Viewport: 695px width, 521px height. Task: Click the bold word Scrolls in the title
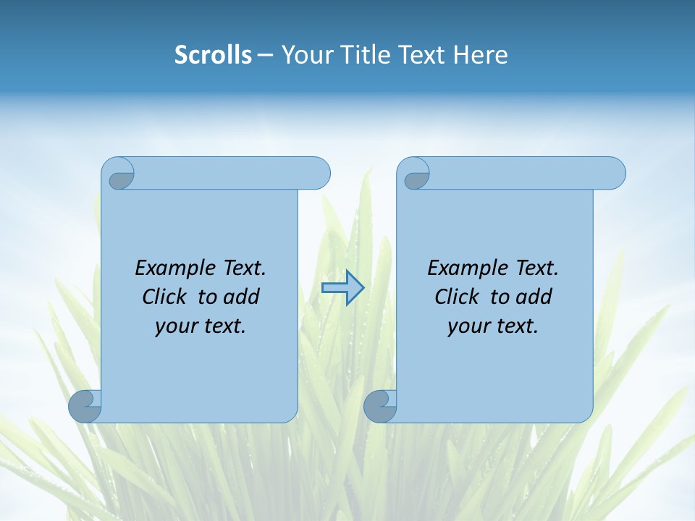(x=214, y=55)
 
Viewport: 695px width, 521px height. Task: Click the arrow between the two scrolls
(x=342, y=288)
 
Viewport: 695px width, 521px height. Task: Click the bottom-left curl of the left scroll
(x=85, y=407)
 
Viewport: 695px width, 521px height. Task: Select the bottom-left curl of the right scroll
(x=380, y=407)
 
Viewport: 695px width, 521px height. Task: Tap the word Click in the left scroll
(x=166, y=297)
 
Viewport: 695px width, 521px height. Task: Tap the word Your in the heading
(x=305, y=55)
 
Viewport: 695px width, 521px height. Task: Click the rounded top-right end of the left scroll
(x=319, y=174)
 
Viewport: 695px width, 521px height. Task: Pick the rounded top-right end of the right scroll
(x=614, y=174)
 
